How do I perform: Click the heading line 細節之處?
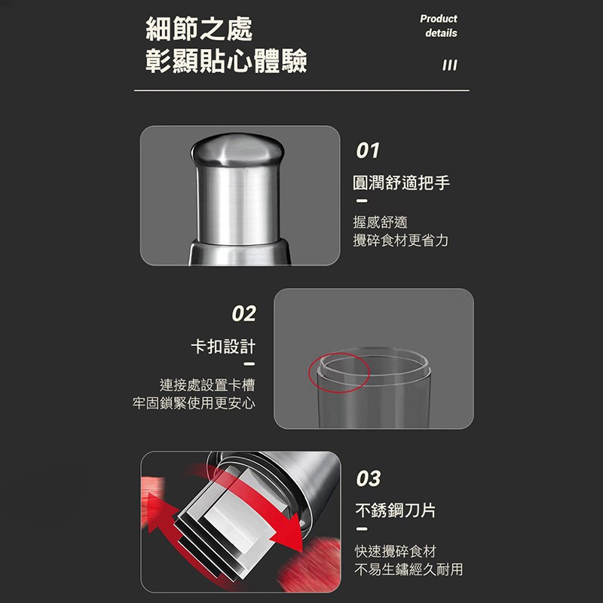[199, 29]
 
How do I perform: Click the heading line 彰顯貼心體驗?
[226, 61]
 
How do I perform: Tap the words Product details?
[439, 26]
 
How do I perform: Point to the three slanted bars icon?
[450, 65]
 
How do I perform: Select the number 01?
[368, 150]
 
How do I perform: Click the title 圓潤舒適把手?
[401, 182]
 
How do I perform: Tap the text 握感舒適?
[380, 222]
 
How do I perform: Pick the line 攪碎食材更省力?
[401, 240]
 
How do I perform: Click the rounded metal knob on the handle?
[237, 149]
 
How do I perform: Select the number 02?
[243, 314]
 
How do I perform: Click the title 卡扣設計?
[223, 347]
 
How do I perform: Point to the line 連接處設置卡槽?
[207, 385]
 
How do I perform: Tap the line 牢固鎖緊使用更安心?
[194, 403]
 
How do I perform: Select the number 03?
[369, 479]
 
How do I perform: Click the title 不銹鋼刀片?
[395, 511]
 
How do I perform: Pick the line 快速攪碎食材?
[395, 551]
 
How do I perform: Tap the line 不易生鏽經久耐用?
[409, 569]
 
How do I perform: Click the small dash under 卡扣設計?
[249, 364]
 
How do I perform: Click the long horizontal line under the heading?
[301, 90]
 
